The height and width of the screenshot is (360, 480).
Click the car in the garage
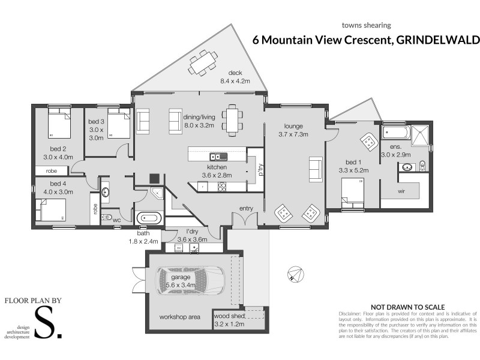tap(191, 278)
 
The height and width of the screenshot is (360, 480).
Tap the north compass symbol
tap(293, 274)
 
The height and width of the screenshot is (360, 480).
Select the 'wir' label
tap(401, 193)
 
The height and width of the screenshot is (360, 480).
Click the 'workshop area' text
tap(179, 316)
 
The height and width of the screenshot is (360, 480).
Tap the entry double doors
tap(245, 221)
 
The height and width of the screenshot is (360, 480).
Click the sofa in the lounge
tap(316, 169)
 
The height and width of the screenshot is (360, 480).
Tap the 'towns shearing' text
tap(366, 25)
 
